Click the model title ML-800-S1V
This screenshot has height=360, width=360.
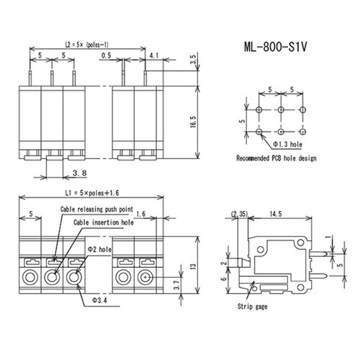(x=275, y=47)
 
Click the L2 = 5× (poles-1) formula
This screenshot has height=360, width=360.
(x=87, y=45)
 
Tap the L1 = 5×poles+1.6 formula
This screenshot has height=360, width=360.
(x=92, y=193)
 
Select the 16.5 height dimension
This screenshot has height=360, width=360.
(x=194, y=122)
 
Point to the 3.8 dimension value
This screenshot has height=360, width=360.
(x=79, y=173)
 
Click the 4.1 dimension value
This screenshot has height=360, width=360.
(x=154, y=55)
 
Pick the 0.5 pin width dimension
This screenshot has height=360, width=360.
(x=106, y=55)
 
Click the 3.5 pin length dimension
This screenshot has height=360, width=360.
(x=194, y=59)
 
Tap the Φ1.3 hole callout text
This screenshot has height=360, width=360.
(x=287, y=144)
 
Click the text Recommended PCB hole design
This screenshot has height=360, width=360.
(x=276, y=158)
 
